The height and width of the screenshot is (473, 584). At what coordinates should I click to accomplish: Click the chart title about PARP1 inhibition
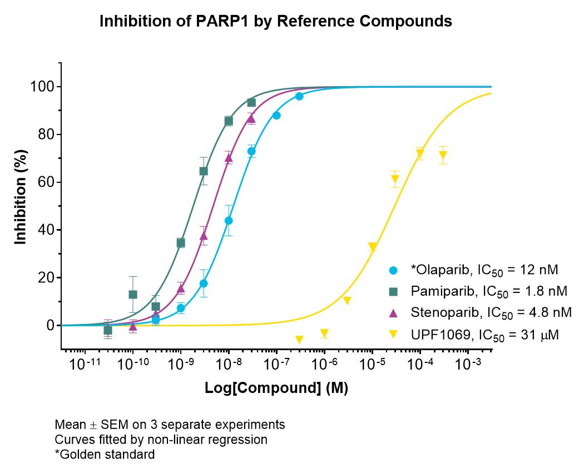pos(276,21)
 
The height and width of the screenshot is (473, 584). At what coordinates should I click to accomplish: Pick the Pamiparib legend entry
pos(478,291)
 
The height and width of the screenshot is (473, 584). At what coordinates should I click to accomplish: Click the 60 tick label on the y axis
pos(46,182)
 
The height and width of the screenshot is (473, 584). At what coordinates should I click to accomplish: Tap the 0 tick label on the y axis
pos(51,326)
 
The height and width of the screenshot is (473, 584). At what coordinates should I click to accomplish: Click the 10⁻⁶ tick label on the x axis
pos(324,363)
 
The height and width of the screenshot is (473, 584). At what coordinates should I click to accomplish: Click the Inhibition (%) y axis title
pos(21,197)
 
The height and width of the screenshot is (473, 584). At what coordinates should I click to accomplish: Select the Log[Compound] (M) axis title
pos(276,388)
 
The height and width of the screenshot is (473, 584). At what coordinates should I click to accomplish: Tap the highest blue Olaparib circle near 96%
pos(299,96)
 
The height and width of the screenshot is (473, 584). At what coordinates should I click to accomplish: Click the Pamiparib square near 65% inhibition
pos(204,171)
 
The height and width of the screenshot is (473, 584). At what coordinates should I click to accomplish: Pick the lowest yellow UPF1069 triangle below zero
pos(299,340)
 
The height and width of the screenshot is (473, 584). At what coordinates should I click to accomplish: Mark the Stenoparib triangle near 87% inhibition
pos(251,119)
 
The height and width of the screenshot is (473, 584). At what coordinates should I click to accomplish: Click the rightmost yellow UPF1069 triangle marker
pos(443,155)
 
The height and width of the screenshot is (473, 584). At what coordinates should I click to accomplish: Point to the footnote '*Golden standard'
pos(105,455)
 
